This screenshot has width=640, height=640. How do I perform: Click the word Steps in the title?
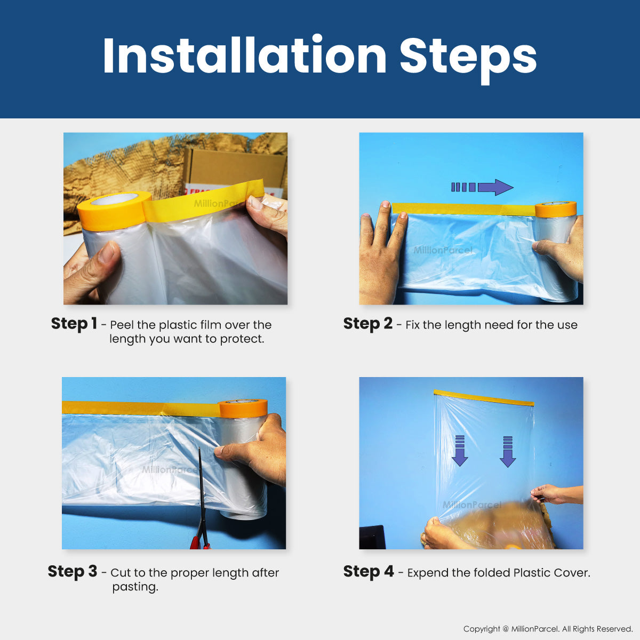468,60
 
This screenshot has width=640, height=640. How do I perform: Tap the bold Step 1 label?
74,324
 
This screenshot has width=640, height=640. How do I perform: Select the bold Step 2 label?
367,324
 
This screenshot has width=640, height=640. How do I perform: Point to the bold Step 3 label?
73,572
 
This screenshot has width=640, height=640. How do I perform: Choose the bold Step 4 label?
369,572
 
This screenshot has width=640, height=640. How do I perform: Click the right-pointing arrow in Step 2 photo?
482,187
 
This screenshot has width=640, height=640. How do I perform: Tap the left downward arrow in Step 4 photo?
460,451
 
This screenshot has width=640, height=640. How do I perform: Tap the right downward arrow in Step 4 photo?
508,451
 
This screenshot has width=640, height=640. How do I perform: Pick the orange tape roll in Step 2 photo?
555,209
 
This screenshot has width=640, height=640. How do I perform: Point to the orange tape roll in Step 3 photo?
243,409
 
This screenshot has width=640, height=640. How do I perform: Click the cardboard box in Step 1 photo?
235,167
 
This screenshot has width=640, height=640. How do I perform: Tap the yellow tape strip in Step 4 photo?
484,398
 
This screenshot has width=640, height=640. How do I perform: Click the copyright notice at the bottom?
548,629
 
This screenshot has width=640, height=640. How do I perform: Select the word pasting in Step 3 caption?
135,587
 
